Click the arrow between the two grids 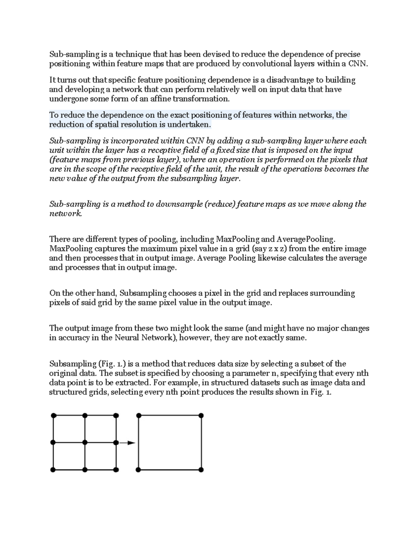(127, 443)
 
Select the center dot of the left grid (85, 442)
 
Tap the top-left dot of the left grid (53, 415)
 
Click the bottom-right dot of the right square (201, 469)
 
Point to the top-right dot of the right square (201, 415)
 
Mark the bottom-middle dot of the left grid (85, 469)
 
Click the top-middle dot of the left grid (85, 415)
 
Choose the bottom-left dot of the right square (139, 469)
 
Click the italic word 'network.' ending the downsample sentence (65, 214)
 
